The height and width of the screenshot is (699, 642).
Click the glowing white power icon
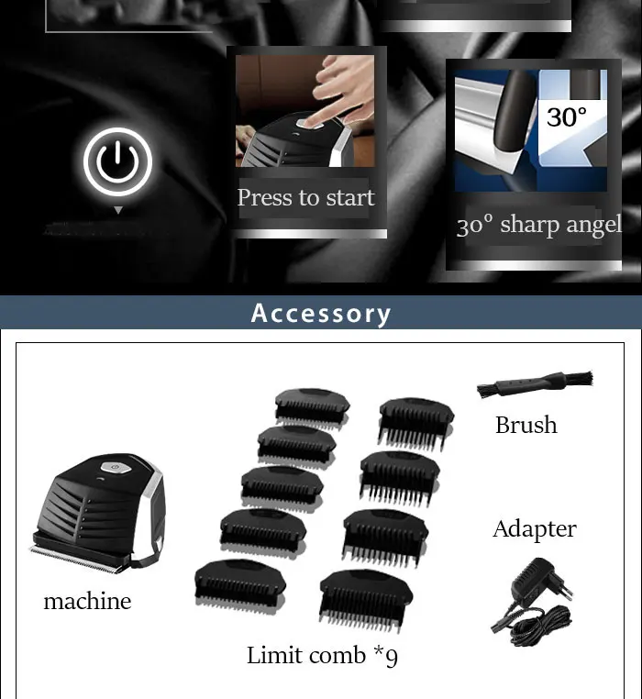117,161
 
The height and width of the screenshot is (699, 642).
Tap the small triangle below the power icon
118,210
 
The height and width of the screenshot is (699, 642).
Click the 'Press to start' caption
305,198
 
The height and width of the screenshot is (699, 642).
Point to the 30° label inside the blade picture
567,117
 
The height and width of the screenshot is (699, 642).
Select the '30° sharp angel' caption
539,225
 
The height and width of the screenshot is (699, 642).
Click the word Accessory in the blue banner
321,314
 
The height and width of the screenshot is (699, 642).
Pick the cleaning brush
535,383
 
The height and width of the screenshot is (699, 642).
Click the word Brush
526,425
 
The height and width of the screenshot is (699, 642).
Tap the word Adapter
535,529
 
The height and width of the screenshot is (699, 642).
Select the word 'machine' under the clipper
87,601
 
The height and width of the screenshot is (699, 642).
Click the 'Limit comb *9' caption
322,656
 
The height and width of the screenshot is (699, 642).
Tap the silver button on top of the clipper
116,467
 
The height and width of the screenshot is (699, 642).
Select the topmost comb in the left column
312,409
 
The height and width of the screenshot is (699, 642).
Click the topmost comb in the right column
416,424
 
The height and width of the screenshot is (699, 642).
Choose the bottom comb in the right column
366,600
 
